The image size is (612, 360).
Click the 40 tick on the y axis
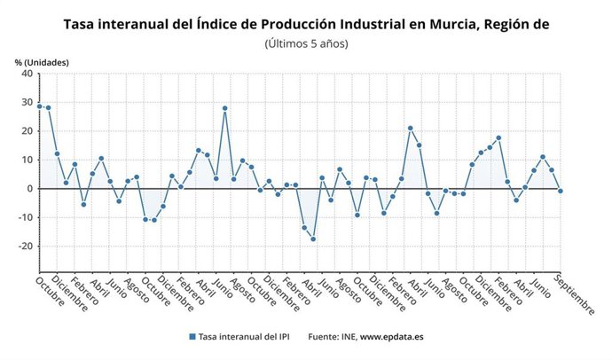coord(27,74)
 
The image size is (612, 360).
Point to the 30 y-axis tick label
coord(27,102)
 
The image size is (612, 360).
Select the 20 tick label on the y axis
coord(27,131)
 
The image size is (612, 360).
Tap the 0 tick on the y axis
coord(29,189)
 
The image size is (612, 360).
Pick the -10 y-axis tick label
coord(25,217)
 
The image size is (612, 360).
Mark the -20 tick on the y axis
coord(25,247)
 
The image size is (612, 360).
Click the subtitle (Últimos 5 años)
coord(306,43)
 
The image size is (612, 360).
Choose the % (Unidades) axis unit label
coord(42,61)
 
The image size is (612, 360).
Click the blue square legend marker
coord(192,337)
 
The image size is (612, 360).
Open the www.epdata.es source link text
coord(392,337)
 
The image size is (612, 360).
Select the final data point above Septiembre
coord(560,191)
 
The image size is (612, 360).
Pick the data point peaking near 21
coord(410,129)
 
